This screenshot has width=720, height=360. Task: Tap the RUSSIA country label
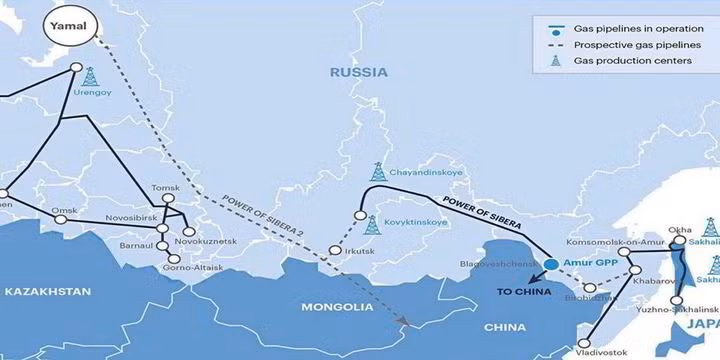point(361,72)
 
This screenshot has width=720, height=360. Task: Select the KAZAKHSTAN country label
point(47,292)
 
